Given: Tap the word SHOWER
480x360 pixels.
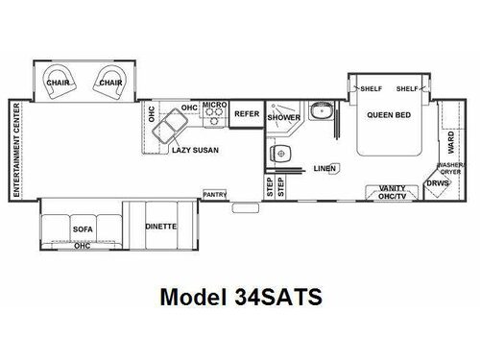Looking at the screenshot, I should (x=283, y=117).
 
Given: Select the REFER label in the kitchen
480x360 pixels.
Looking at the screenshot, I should (x=247, y=112).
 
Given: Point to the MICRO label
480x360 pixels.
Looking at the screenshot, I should (x=213, y=103).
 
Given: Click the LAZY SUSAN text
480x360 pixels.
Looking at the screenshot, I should (x=193, y=149).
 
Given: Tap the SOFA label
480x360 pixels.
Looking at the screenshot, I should (x=82, y=230).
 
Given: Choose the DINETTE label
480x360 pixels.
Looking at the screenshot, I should (x=159, y=228).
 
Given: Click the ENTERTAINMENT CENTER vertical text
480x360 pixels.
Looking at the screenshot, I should (x=16, y=149).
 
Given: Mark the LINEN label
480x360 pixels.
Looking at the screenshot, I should (x=324, y=169).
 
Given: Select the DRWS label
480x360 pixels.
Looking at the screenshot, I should (x=438, y=181).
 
